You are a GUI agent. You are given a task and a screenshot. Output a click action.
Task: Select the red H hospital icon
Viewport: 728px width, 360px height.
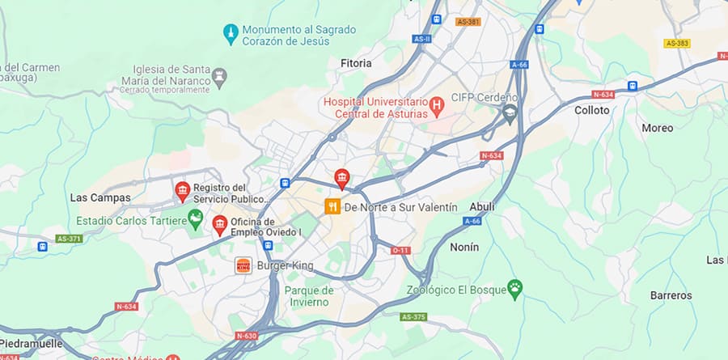[437, 104]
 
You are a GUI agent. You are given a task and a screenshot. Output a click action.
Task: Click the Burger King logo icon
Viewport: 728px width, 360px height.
[243, 265]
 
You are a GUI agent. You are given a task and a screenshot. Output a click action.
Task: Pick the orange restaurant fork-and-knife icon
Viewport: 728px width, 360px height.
[332, 207]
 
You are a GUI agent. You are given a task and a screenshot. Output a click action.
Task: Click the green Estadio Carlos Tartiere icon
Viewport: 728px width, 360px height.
[195, 218]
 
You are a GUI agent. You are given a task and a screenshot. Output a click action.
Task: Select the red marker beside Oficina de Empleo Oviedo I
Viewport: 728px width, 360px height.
[218, 224]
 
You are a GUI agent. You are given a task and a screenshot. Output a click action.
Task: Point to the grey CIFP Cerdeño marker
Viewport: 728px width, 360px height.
[510, 112]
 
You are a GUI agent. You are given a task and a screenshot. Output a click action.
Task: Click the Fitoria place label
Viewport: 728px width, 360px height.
[356, 62]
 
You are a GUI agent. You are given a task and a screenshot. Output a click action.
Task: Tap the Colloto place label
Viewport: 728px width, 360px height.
[592, 110]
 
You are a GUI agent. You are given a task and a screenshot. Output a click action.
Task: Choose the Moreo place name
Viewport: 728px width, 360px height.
[657, 128]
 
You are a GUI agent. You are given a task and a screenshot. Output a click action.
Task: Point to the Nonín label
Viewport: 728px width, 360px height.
[465, 247]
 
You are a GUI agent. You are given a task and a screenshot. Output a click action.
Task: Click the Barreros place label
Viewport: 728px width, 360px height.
[671, 295]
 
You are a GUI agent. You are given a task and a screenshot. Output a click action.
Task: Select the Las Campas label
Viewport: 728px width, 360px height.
[90, 197]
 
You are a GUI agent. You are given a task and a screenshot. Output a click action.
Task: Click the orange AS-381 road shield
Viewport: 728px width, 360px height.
[468, 22]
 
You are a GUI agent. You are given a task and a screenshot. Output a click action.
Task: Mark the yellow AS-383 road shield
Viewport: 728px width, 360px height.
[676, 42]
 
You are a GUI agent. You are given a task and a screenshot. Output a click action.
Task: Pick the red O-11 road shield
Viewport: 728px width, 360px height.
[400, 251]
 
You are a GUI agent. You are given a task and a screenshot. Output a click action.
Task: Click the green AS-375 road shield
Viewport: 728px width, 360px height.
[413, 316]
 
